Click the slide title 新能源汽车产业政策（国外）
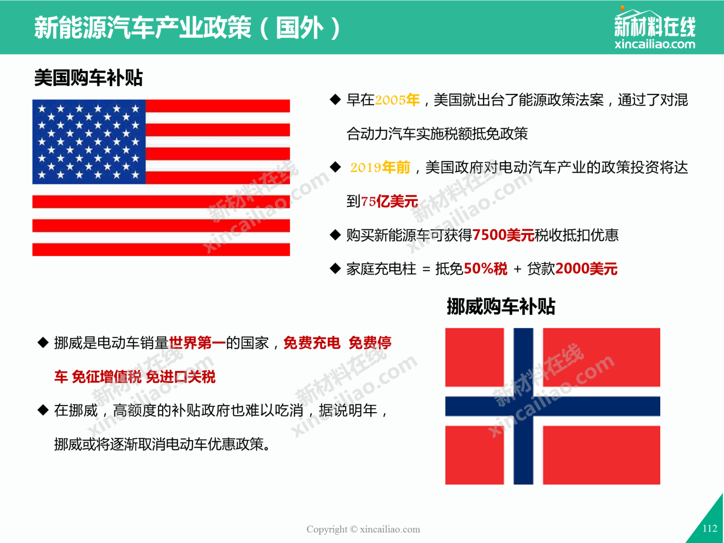coord(187,28)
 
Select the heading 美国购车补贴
coord(88,78)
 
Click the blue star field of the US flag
coord(89,142)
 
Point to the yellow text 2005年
coord(397,100)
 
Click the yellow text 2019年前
coord(380,167)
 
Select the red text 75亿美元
coord(390,201)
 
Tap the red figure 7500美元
coord(503,235)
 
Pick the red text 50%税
coord(486,269)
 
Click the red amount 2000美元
coord(586,269)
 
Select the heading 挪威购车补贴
coord(501,306)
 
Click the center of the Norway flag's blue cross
coord(524,406)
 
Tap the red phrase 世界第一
coord(197,343)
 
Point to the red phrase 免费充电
coord(312,343)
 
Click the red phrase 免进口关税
coord(181,377)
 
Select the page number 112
coord(710,529)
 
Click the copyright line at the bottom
coord(363,529)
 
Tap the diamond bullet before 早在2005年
coord(335,99)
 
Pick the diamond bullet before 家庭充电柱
coord(335,268)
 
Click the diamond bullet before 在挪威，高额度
coord(43,410)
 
